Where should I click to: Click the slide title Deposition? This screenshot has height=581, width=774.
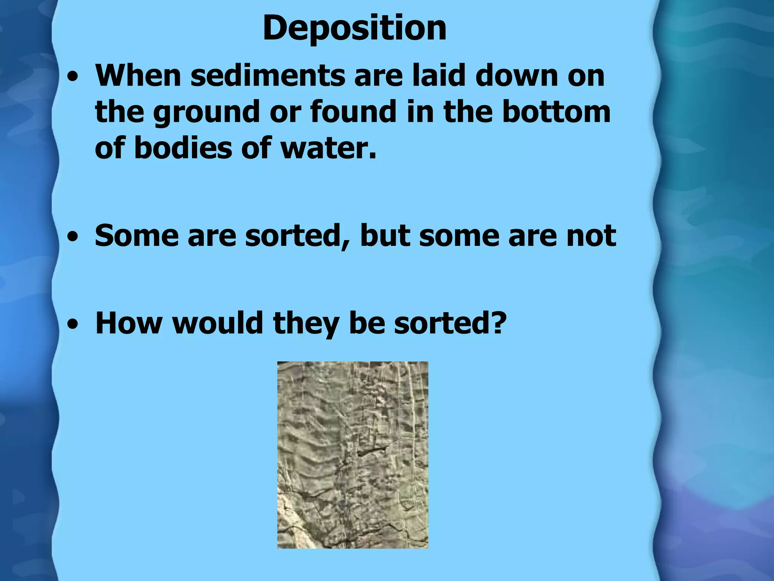coord(354,28)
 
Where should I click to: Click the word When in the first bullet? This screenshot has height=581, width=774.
coord(138,76)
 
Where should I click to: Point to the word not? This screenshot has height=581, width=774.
coord(591,236)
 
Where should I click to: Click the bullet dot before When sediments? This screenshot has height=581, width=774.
coord(72,77)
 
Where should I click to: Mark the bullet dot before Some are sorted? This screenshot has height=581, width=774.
coord(72,238)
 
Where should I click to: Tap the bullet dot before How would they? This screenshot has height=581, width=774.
coord(72,325)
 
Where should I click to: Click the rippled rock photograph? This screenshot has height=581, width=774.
coord(353,455)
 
